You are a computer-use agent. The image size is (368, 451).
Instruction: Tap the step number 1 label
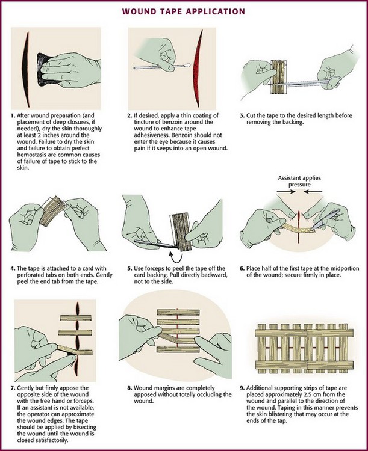pos(13,116)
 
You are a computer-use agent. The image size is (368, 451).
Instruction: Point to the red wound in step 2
pos(198,68)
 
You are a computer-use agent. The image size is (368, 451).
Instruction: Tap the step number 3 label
pos(242,116)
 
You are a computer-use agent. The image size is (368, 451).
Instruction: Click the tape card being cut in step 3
pos(278,77)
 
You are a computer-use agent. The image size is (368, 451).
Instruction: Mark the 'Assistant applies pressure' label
pos(299,181)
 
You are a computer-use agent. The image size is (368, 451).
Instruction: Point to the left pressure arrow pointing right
pos(286,192)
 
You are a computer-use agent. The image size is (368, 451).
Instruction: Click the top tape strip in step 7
pos(76,318)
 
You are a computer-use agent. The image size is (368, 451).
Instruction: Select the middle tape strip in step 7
pos(75,333)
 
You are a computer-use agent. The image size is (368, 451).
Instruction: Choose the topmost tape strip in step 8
pos(178,312)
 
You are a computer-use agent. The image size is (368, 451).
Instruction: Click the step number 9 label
pos(242,388)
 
